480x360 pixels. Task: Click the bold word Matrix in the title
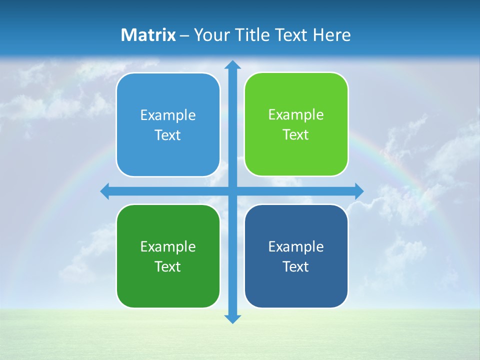coord(148,35)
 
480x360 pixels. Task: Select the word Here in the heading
coord(331,35)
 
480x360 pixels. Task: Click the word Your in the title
coord(209,35)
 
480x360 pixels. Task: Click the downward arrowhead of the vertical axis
coord(232,318)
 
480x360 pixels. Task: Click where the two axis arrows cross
coord(232,191)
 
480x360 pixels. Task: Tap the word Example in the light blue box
coord(168,115)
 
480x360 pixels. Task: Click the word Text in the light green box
coord(296,135)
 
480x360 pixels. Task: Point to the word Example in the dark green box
coord(168,247)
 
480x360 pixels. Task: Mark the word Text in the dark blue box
coord(296,267)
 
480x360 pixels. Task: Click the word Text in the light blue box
coord(168,135)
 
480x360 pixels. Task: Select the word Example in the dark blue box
coord(296,247)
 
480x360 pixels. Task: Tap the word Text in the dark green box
coord(168,267)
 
